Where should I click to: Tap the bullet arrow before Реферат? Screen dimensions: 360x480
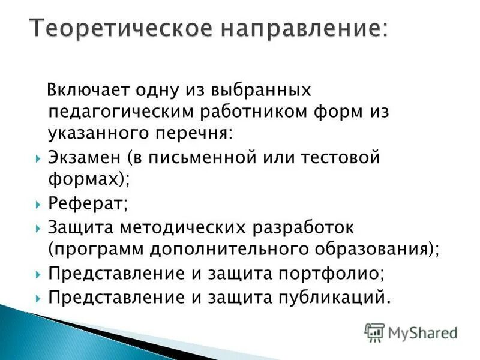[x=38, y=205]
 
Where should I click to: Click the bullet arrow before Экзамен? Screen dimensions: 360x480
[x=38, y=159]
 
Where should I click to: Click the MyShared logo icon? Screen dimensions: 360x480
[x=374, y=332]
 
